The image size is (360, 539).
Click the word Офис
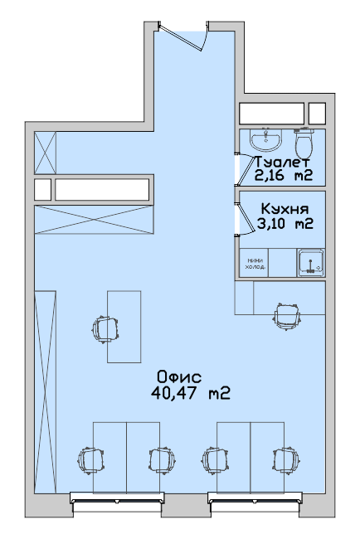(179, 377)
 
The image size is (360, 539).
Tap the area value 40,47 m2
(191, 393)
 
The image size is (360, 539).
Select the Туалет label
(282, 161)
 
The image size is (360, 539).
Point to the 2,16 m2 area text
(284, 176)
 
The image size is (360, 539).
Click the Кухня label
(285, 209)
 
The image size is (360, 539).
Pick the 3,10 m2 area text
(285, 224)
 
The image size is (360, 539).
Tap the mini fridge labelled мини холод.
(254, 263)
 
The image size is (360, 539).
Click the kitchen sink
(311, 263)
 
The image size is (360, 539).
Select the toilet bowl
(304, 143)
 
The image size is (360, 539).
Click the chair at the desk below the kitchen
(287, 316)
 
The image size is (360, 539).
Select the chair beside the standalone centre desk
(105, 330)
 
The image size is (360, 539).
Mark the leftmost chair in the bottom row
(90, 460)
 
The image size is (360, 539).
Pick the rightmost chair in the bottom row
(286, 460)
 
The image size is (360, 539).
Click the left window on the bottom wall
(117, 503)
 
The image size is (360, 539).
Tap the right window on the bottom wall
(255, 503)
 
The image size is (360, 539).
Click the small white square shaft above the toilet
(317, 114)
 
